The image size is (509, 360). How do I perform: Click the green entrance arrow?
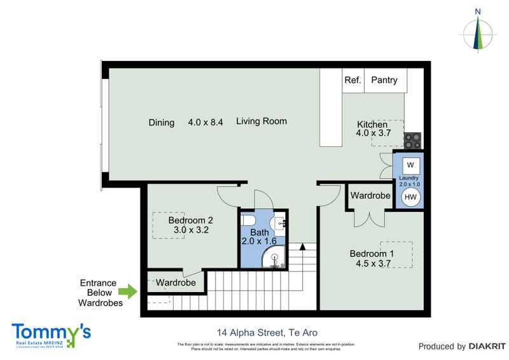click(x=129, y=292)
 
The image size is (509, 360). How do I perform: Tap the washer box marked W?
click(x=410, y=165)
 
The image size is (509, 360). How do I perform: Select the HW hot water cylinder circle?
click(x=410, y=197)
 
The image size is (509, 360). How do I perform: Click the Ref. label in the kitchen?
click(x=352, y=80)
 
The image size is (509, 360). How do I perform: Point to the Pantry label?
click(x=384, y=80)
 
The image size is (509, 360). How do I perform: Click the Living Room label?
click(x=261, y=121)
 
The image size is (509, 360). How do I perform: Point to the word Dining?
click(x=161, y=122)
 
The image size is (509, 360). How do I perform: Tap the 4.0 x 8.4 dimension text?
click(x=205, y=122)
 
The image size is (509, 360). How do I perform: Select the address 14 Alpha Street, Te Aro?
click(x=267, y=333)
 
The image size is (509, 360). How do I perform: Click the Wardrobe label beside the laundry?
click(x=370, y=196)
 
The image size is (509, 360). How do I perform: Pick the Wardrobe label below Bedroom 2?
click(x=176, y=282)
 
